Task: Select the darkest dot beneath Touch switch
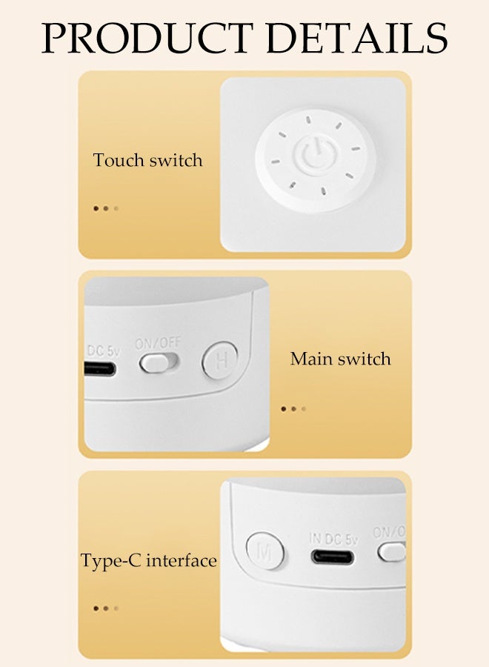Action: tap(96, 208)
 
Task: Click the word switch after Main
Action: tap(365, 359)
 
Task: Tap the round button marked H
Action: tap(220, 361)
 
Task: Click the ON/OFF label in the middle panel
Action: tap(157, 344)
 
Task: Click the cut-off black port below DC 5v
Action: tap(100, 368)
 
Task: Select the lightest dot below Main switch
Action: tap(304, 408)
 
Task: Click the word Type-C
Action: tap(110, 561)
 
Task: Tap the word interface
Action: tap(182, 560)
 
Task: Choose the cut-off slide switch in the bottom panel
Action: tap(392, 551)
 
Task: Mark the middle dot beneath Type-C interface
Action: tap(106, 608)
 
